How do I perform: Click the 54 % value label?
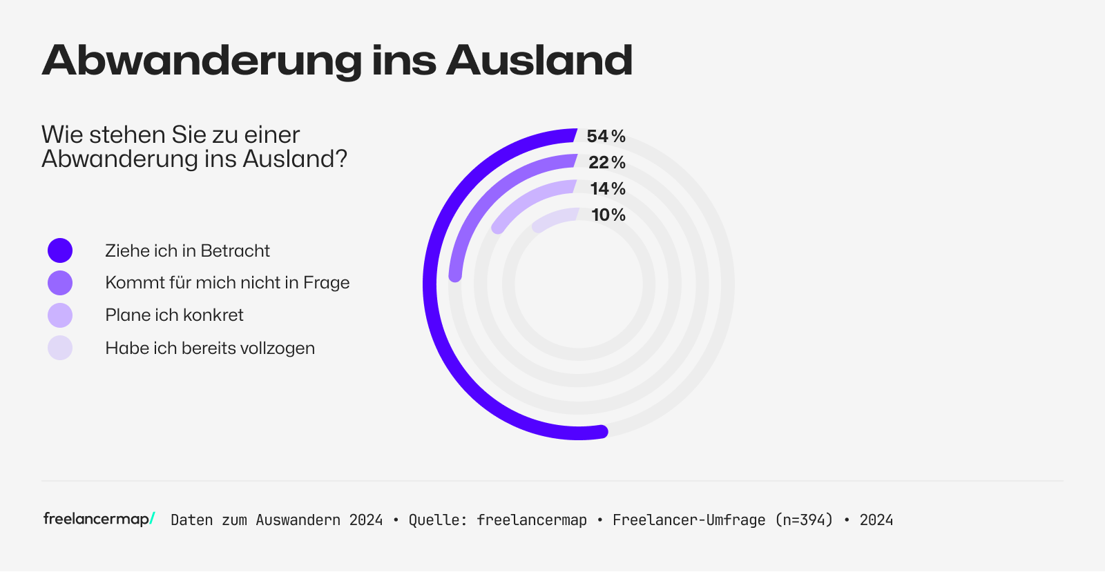coord(606,137)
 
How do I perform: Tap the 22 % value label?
coord(606,163)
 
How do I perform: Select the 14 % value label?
coord(607,189)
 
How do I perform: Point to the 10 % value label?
coord(608,215)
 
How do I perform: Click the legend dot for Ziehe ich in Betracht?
coord(60,250)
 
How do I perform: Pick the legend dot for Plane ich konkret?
coord(60,315)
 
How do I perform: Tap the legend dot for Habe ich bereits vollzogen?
coord(60,348)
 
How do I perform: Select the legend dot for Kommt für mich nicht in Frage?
coord(60,283)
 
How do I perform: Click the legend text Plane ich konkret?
coord(174,315)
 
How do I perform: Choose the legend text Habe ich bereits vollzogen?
coord(210,348)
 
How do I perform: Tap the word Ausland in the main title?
coord(539,61)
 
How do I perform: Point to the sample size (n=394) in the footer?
coord(804,520)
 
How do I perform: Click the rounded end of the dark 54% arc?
coord(601,432)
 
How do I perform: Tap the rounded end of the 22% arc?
coord(455,275)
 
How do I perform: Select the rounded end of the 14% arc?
coord(497,227)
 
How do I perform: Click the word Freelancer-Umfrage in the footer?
coord(689,520)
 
